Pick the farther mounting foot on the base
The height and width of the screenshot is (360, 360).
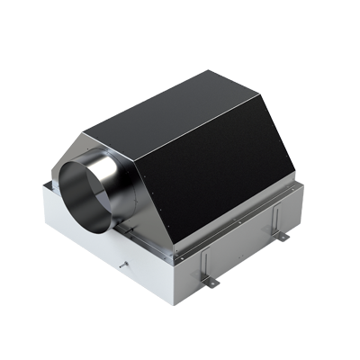281,236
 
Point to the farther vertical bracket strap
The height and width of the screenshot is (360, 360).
273,221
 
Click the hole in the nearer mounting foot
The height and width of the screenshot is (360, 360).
212,283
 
